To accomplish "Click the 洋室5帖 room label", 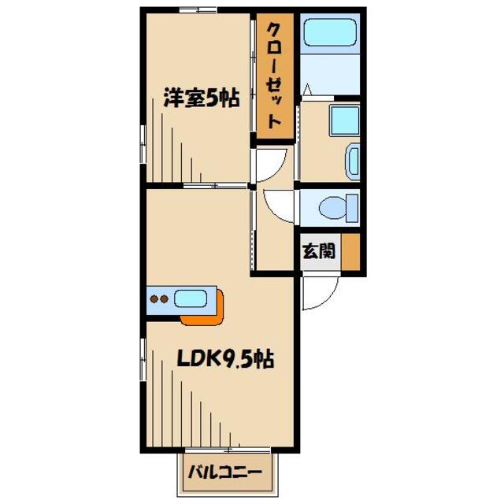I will point(201,101).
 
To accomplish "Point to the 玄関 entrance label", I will point(319,251).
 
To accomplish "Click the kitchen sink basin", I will point(191,298).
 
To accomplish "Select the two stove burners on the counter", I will point(159,299).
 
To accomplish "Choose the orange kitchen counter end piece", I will point(206,311).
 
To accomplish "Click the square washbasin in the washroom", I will point(343,120).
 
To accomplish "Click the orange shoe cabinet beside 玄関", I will point(351,251).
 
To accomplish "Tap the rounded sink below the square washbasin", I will point(352,162).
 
